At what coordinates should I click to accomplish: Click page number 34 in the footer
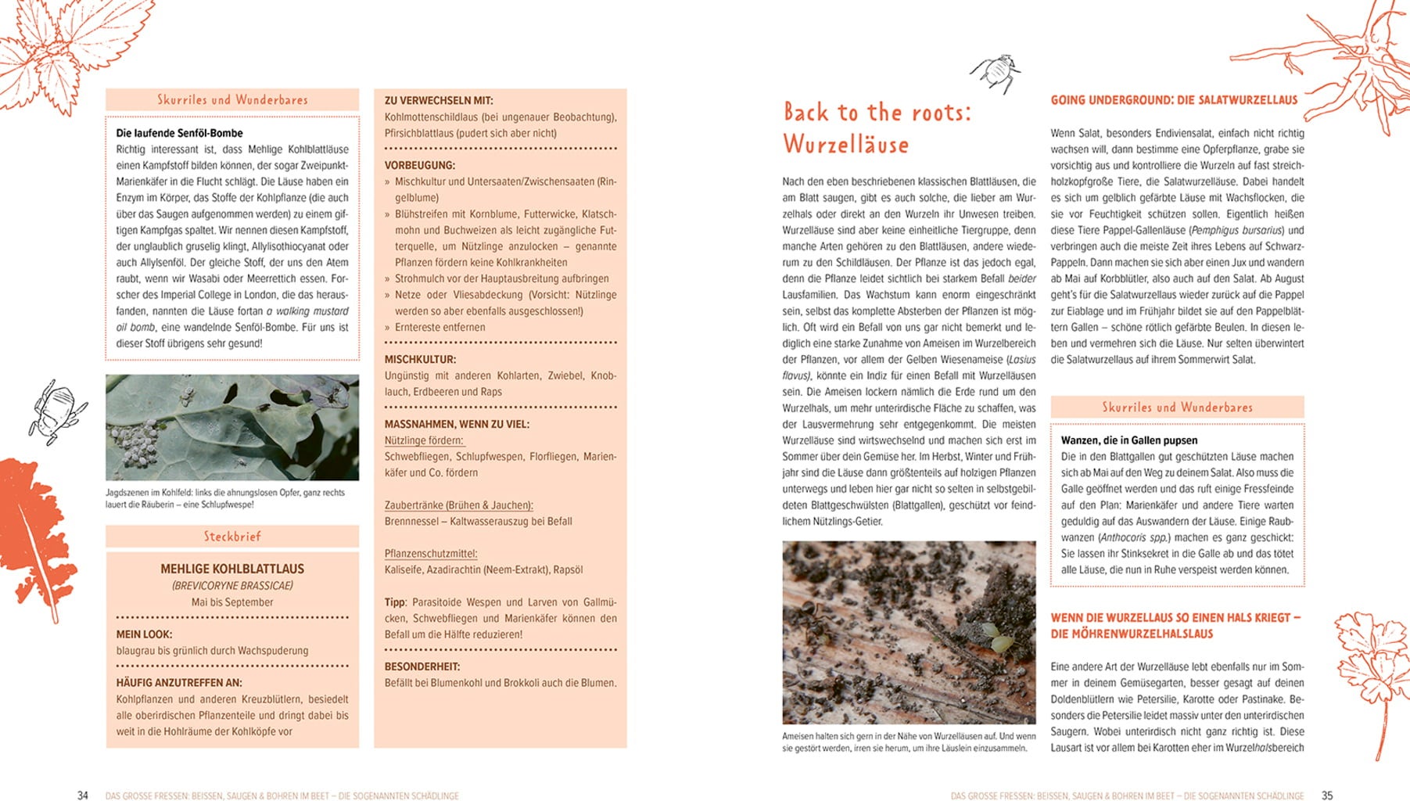[83, 796]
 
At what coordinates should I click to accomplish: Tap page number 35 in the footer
[1326, 796]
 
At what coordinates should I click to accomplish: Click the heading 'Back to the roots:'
[877, 113]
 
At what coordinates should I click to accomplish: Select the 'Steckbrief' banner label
[232, 537]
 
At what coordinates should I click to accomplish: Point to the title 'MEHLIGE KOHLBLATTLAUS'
[232, 569]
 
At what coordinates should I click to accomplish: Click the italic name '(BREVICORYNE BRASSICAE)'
[232, 586]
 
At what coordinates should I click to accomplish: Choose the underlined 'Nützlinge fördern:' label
[424, 440]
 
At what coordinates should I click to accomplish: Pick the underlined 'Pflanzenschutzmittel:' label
[431, 554]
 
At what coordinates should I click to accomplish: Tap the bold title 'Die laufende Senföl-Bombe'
[179, 133]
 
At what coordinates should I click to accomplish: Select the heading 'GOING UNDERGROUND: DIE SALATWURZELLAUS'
[1174, 100]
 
